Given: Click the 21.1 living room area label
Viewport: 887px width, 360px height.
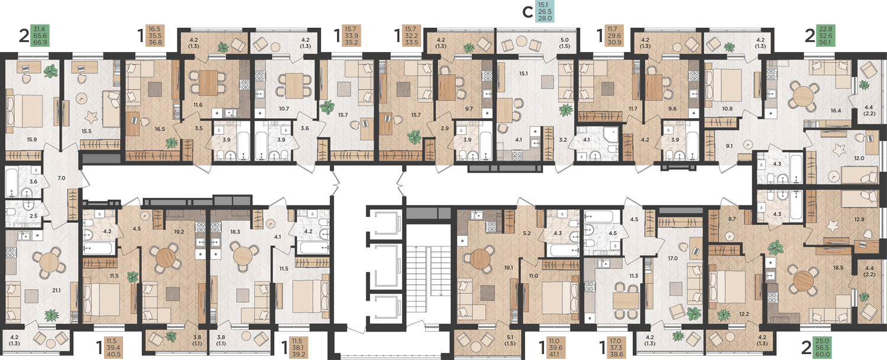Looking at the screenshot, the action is (x=56, y=290).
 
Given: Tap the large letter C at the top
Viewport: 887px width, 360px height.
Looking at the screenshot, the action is (x=527, y=12).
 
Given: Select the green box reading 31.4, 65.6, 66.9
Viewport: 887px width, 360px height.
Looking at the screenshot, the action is (x=40, y=35).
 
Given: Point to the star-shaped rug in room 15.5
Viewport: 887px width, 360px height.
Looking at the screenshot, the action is (x=92, y=117).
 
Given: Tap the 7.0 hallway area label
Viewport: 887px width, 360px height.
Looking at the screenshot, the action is (x=61, y=178).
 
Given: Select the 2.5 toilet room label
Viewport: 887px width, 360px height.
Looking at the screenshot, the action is (x=34, y=216).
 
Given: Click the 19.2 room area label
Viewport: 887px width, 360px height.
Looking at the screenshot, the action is (x=179, y=232).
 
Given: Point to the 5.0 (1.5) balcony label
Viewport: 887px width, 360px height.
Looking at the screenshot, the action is (x=564, y=43).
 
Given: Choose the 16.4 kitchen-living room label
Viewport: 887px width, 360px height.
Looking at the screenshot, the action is (x=836, y=111).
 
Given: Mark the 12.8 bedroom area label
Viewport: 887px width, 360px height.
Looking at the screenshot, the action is (x=859, y=219).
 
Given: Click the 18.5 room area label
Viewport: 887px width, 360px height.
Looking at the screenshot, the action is (x=838, y=268).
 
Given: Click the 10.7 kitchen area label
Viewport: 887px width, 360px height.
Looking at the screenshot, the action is (x=284, y=109).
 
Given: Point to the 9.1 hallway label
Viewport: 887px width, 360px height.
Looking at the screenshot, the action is (x=729, y=146).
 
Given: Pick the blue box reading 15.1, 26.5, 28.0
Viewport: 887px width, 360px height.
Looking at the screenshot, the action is (x=545, y=11).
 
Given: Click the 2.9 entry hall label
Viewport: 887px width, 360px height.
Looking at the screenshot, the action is (x=444, y=129).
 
